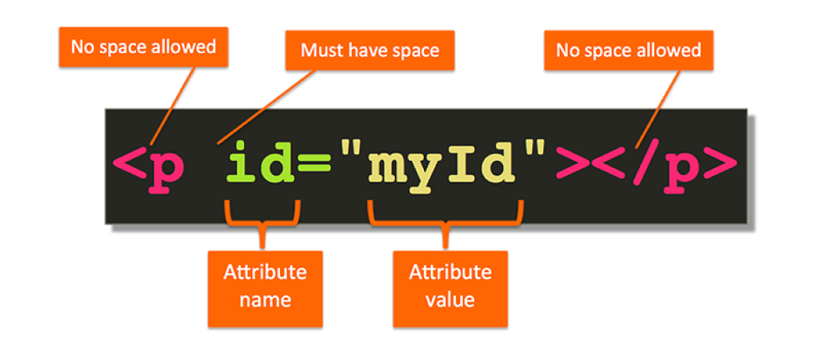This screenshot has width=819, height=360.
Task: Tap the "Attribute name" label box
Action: coord(265,286)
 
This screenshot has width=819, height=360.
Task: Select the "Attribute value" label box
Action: coord(450,286)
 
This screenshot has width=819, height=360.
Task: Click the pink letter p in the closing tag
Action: coord(681,170)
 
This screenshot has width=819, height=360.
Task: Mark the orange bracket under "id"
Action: coord(263,218)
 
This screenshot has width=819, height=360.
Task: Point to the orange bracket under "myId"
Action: coord(446,218)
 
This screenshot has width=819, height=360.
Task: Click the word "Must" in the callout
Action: coord(318,51)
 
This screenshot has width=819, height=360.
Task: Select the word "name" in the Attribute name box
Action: coord(265,301)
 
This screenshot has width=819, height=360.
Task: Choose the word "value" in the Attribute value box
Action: coord(450,301)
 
